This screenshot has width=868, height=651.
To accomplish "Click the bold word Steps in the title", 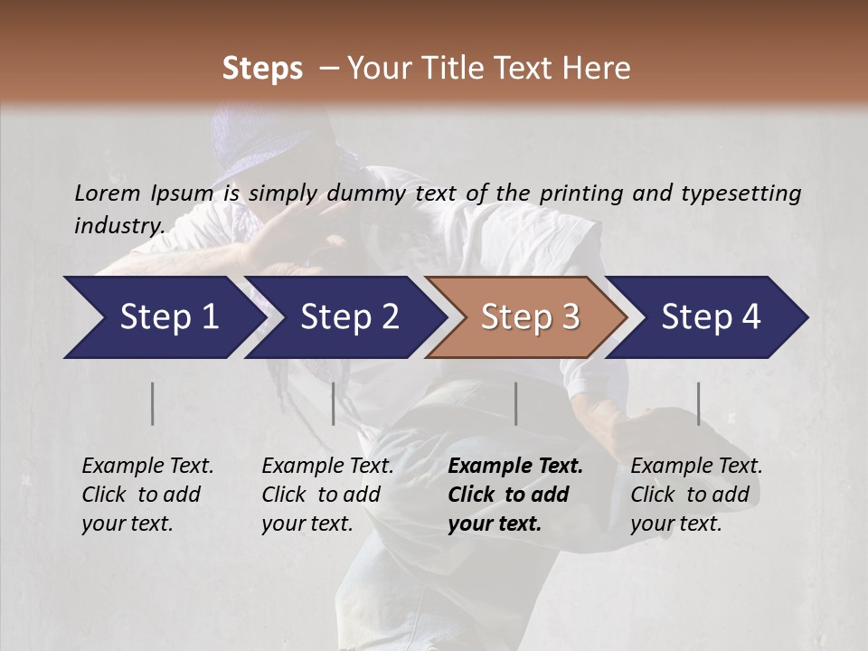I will click(x=262, y=69).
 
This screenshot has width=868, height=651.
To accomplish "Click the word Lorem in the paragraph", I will click(x=107, y=193).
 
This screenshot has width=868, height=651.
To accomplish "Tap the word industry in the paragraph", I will click(x=119, y=225).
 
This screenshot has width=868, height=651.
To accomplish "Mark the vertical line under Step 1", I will click(x=153, y=403).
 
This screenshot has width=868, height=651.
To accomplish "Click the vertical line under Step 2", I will click(x=334, y=403).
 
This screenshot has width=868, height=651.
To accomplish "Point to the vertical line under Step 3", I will click(x=515, y=403).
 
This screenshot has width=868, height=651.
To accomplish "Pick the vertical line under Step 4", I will click(x=698, y=403).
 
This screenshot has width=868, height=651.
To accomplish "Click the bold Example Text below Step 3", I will click(x=515, y=466).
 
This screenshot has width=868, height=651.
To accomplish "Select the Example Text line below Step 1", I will click(x=147, y=466).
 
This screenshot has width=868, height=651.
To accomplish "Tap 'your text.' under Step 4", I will click(x=675, y=524).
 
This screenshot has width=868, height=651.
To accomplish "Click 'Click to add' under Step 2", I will click(x=321, y=495).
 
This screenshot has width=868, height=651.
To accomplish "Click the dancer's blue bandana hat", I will click(x=262, y=136).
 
